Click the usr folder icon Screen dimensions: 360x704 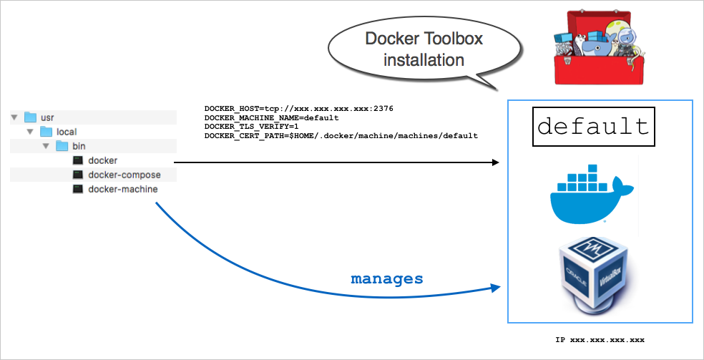click(x=30, y=117)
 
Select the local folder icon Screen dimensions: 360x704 click(x=47, y=132)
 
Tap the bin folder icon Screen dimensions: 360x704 click(x=62, y=146)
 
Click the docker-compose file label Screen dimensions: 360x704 click(x=124, y=175)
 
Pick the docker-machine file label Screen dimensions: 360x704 click(x=122, y=189)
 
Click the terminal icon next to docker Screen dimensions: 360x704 click(x=78, y=160)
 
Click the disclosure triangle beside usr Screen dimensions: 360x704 click(x=14, y=117)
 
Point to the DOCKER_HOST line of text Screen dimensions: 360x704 click(x=298, y=109)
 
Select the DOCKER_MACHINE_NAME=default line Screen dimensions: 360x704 click(x=271, y=117)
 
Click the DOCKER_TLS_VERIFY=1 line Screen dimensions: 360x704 click(x=251, y=126)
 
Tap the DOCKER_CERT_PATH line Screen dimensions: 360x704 click(x=341, y=135)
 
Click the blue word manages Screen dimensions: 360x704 click(x=386, y=278)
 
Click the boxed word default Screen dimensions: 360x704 click(x=593, y=127)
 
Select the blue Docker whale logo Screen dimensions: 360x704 click(x=591, y=193)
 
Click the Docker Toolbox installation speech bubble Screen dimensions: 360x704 click(x=424, y=49)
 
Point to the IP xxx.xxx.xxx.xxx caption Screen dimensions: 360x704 click(x=600, y=339)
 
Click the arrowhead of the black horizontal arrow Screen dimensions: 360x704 click(x=495, y=162)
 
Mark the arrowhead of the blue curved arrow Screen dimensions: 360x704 click(x=495, y=288)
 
